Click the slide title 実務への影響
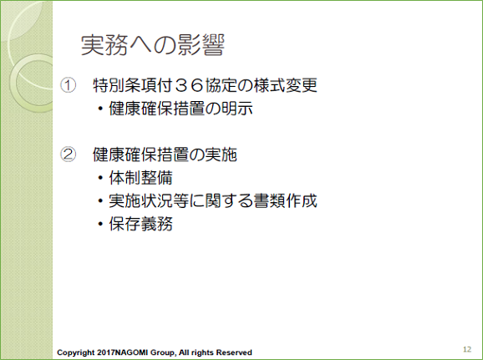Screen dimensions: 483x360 [153, 45]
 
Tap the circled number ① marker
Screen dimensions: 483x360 [68, 85]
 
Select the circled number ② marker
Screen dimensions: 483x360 [68, 155]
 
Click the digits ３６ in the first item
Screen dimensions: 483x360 [189, 85]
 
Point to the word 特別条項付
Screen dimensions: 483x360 [133, 85]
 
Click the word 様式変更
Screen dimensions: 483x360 [285, 85]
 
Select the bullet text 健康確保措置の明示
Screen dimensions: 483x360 [180, 109]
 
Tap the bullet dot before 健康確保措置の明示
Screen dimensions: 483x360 [100, 109]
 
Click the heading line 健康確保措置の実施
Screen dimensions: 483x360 [165, 155]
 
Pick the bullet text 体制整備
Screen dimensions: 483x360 [140, 178]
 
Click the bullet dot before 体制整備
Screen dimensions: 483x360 [100, 178]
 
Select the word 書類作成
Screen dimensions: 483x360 [285, 200]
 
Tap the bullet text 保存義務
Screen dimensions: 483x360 [140, 224]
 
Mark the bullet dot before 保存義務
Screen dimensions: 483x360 [100, 224]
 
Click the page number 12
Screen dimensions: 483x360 [467, 349]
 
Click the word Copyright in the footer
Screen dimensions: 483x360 [76, 352]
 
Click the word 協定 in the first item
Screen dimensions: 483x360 [221, 85]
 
